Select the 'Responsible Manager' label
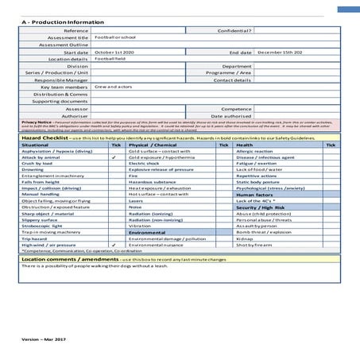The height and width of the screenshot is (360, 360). [x=61, y=80]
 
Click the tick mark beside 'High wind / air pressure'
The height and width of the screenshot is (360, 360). [x=116, y=246]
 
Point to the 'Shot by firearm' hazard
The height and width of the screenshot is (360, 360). [x=256, y=246]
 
